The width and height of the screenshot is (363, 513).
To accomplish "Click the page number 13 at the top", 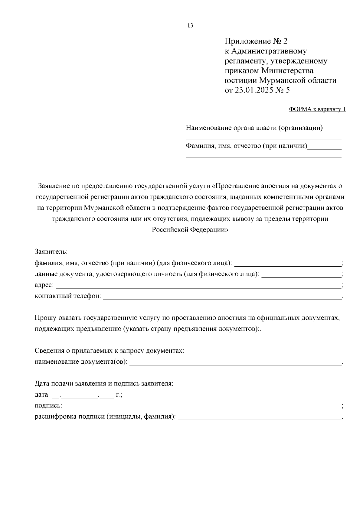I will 190,26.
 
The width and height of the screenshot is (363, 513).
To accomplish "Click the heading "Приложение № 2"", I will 258,41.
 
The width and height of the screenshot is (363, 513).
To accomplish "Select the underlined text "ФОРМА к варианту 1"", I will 317,109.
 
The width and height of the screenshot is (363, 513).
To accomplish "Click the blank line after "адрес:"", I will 198,286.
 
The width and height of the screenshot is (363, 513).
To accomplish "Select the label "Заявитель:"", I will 51,252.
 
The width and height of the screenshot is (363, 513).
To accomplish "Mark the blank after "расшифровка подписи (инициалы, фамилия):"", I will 260,417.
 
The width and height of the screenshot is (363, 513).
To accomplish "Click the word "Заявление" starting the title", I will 54,186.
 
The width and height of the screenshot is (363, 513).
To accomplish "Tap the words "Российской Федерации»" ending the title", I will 190,230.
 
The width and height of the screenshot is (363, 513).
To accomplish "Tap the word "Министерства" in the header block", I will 287,71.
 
